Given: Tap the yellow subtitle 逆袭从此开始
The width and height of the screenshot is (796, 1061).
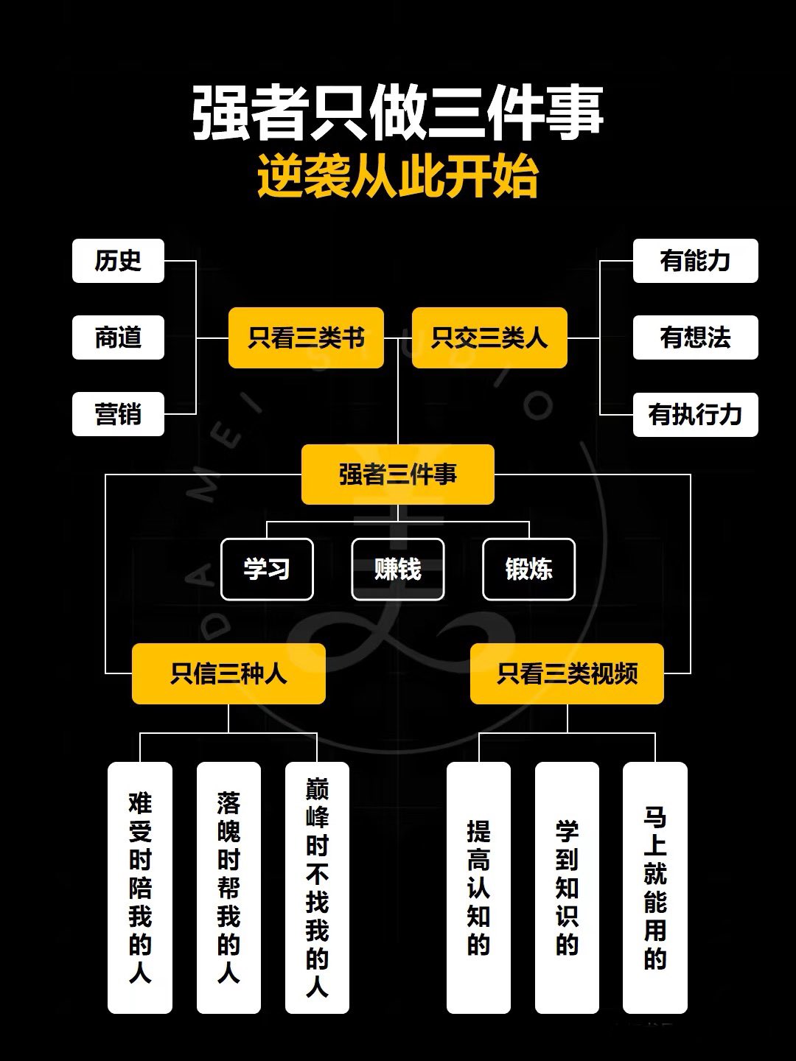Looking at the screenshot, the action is pos(398,176).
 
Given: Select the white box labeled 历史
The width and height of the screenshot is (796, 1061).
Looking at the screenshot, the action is pos(118,261).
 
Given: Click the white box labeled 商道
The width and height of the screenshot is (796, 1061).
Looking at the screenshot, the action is pos(118,337).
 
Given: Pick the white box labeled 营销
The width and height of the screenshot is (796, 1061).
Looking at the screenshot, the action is pos(118,414).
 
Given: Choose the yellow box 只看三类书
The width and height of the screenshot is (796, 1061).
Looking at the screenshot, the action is pos(306,337).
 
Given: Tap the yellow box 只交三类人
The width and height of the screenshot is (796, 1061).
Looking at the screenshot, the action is pos(489,337).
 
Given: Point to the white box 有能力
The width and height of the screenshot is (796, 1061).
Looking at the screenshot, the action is pos(696,261).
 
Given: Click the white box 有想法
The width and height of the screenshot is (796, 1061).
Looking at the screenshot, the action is pos(696,337).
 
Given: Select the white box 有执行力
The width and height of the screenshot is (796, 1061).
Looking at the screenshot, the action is pos(696,414).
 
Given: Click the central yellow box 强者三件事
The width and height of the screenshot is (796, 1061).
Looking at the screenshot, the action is pos(398,475).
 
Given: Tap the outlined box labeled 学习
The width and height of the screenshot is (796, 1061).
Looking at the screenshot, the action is pos(267,569).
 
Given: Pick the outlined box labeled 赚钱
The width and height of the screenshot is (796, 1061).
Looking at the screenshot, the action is pos(398,569).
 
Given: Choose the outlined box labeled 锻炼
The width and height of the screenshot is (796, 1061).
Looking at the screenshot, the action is pos(528,569).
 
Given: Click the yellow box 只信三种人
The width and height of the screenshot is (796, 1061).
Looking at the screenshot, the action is pos(228,673).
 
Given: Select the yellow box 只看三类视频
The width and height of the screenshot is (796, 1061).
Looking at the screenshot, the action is pos(567,673).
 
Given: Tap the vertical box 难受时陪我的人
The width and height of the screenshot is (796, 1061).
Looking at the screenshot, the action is pos(140,888).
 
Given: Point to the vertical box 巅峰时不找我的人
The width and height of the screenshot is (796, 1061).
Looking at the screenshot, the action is pos(317,888).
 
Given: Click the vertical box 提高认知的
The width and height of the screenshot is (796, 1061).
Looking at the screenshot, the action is pos(478,888).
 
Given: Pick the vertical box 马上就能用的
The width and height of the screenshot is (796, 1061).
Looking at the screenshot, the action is pos(655,888).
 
